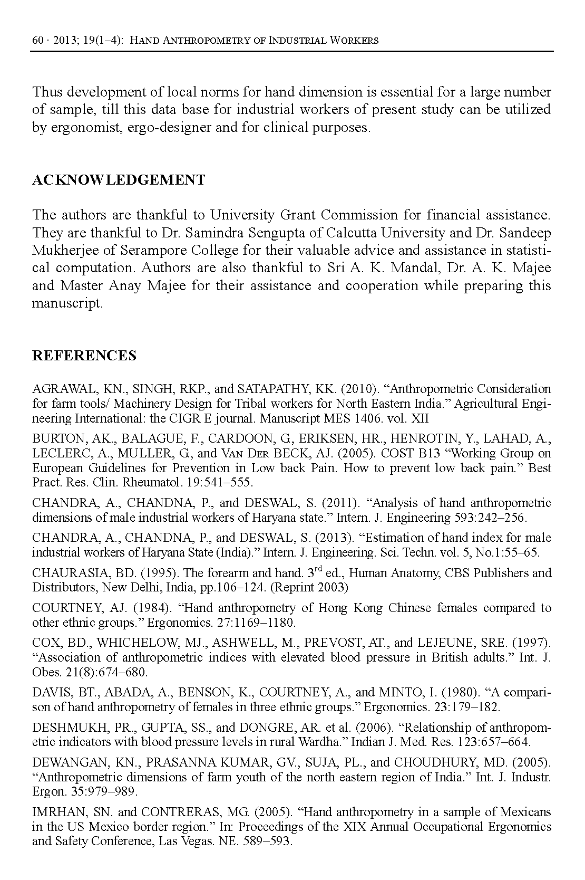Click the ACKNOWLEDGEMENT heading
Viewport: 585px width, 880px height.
click(x=119, y=180)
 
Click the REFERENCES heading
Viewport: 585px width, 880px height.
click(x=84, y=356)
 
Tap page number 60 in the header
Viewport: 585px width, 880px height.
click(x=37, y=40)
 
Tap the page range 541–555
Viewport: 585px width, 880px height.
click(x=231, y=483)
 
